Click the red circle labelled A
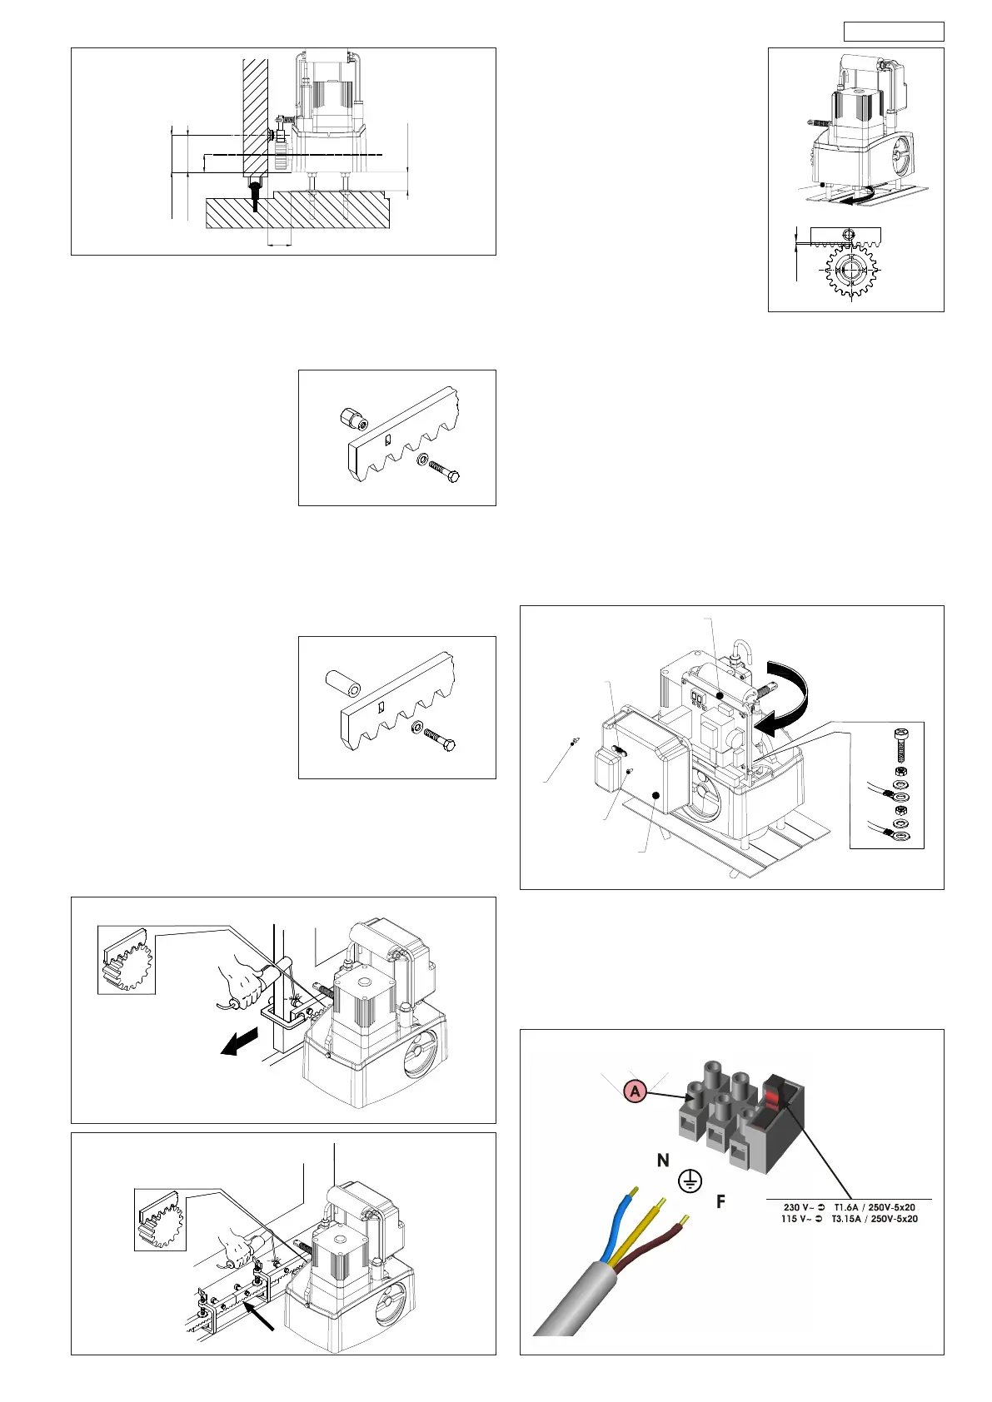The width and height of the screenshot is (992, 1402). pos(635,1091)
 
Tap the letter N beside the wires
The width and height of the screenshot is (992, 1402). pos(663,1161)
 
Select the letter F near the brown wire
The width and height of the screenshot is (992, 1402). pos(721,1202)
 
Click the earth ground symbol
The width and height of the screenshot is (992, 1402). pos(690,1181)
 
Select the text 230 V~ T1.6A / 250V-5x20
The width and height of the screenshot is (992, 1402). pos(850,1207)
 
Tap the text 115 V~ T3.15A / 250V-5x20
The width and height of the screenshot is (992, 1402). pos(850,1219)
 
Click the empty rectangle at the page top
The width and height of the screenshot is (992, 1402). pos(894,32)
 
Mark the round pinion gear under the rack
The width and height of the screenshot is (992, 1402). pos(851,271)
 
